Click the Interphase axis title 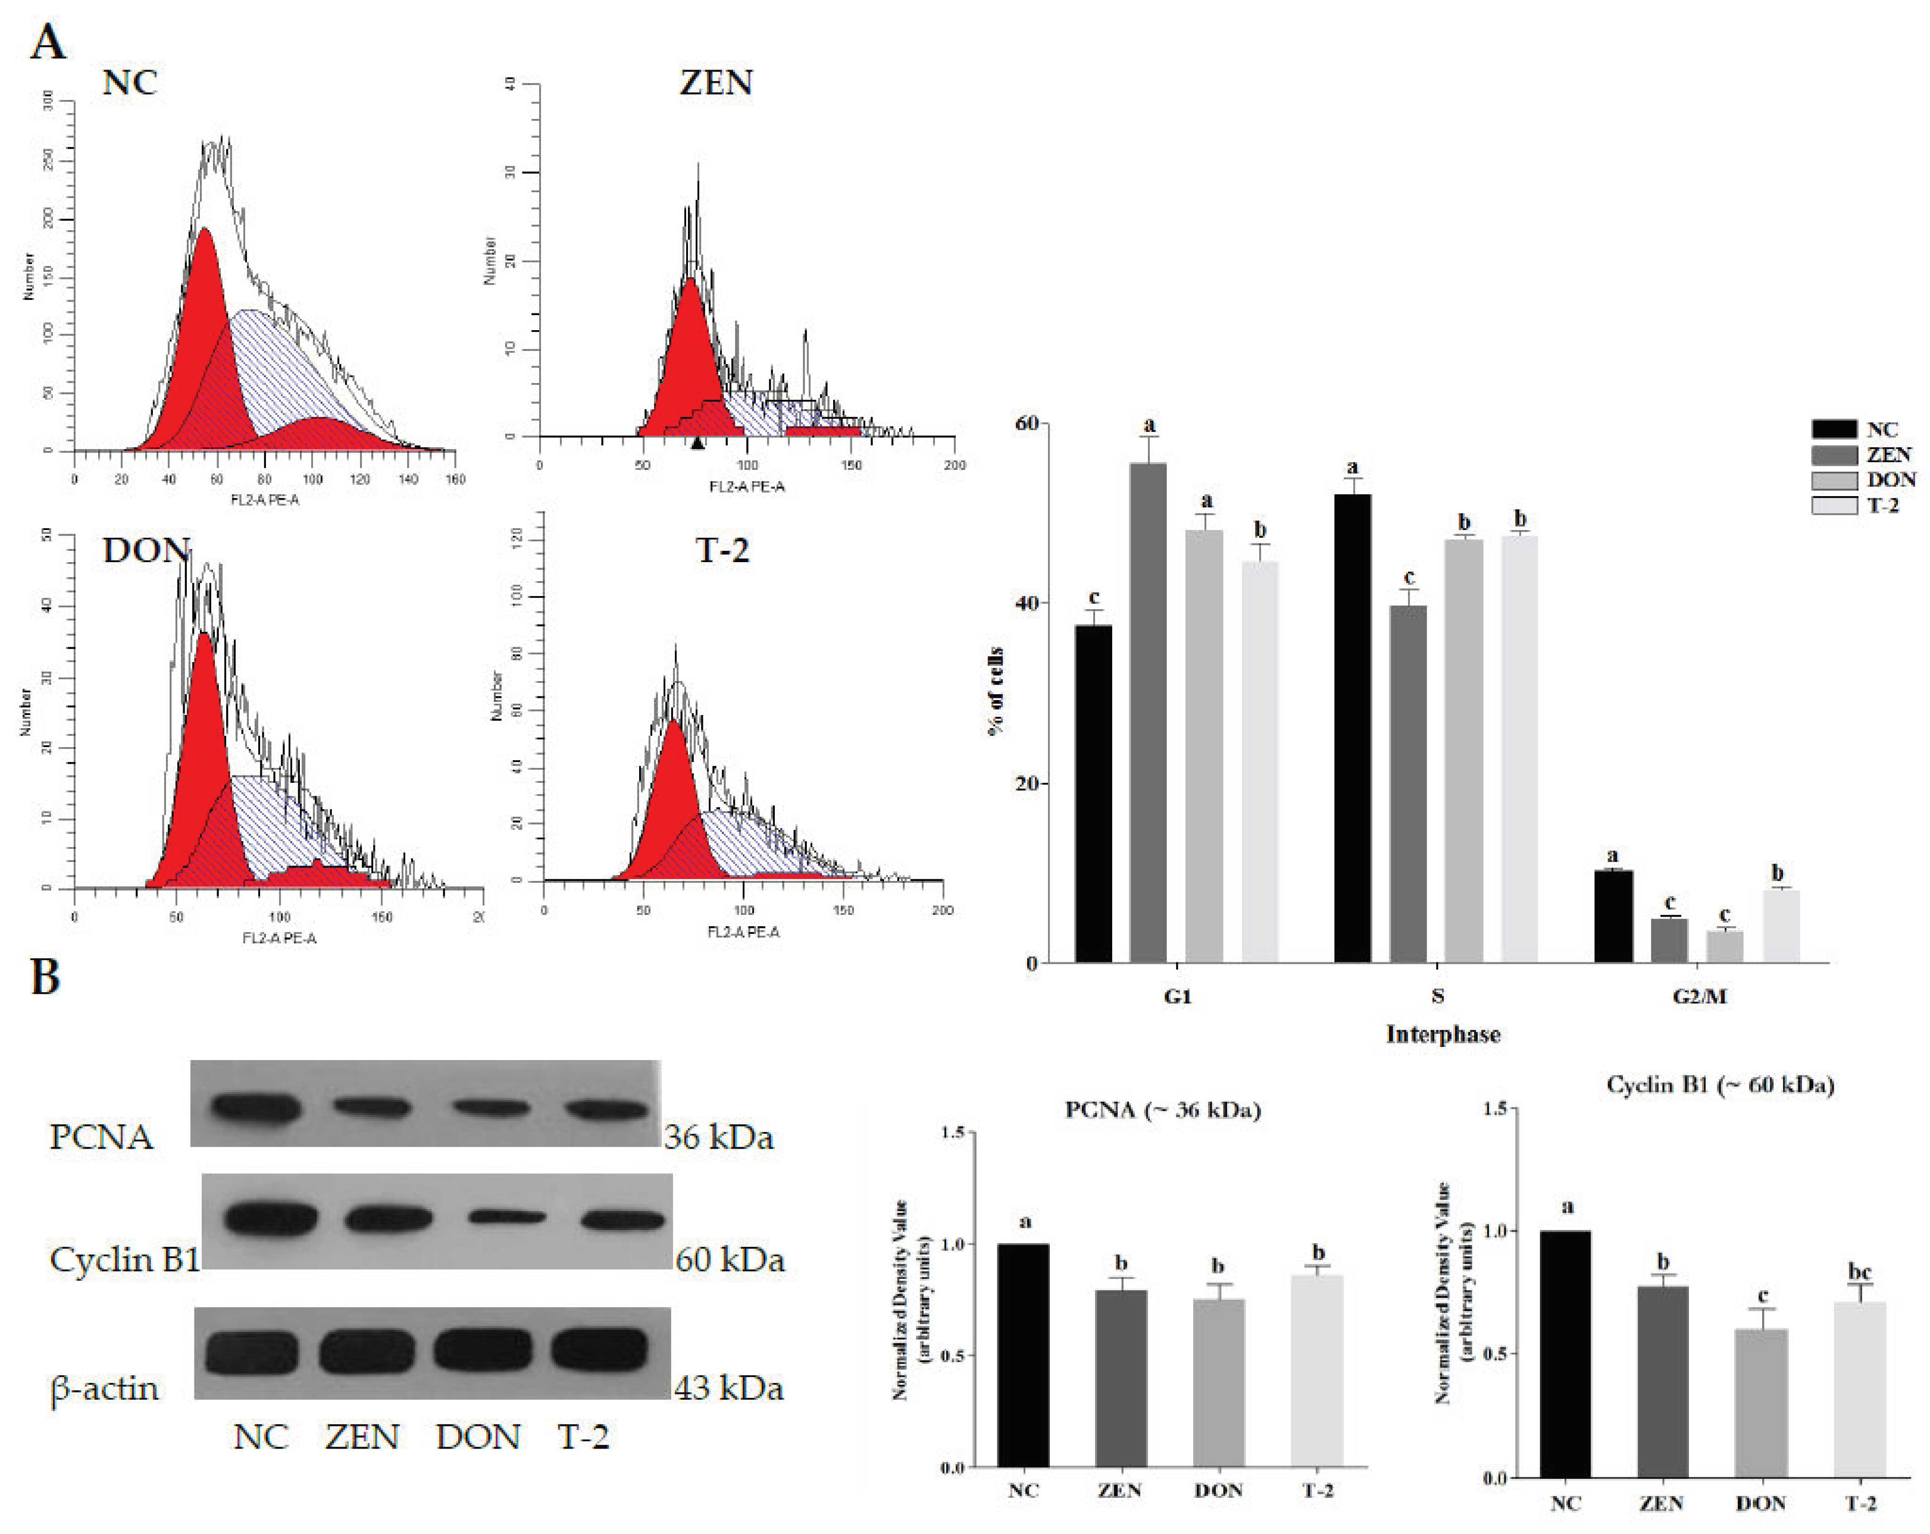coord(1443,1035)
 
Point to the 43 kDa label coord(729,1388)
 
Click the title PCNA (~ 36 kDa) coord(1162,1110)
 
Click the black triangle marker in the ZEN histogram coord(697,442)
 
